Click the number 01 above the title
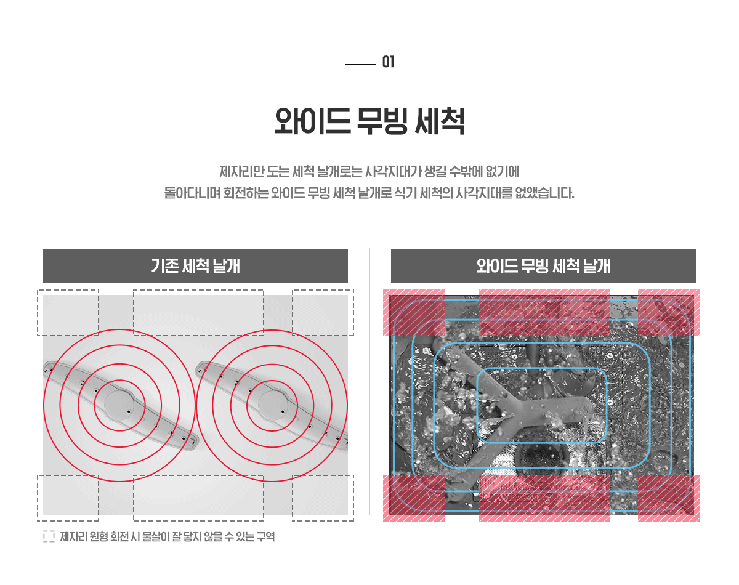(x=388, y=62)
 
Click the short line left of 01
(x=361, y=64)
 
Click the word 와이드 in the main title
(x=312, y=121)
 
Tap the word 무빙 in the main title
(x=382, y=121)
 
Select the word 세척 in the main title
(x=440, y=121)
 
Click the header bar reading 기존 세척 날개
(x=195, y=265)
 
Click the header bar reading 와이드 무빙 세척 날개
(x=543, y=265)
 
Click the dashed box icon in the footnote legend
(x=49, y=536)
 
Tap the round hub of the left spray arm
(x=119, y=405)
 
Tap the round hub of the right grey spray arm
(x=273, y=405)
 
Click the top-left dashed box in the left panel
(x=68, y=313)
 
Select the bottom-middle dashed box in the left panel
(x=198, y=498)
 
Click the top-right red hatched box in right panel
(x=669, y=312)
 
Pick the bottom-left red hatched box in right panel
(x=414, y=498)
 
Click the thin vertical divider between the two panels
(x=370, y=381)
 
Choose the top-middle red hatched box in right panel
(x=544, y=312)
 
